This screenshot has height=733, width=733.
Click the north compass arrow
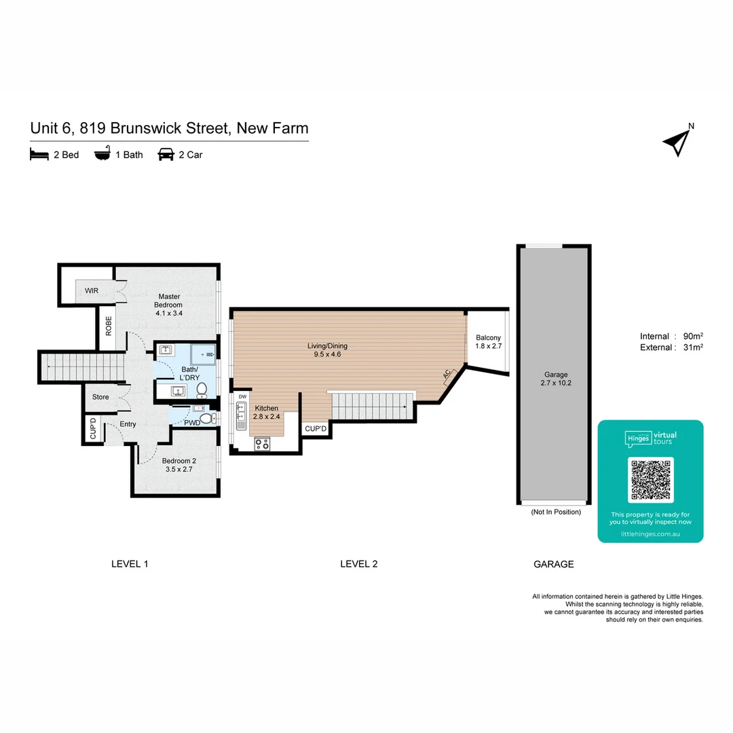click(677, 142)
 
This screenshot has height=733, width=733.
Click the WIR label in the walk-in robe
click(92, 290)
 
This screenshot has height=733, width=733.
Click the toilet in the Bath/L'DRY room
click(202, 390)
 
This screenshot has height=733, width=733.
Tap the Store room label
click(100, 397)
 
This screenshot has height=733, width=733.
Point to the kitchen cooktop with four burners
click(262, 444)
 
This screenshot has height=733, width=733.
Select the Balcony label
click(488, 337)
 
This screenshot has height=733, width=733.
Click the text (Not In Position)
click(556, 512)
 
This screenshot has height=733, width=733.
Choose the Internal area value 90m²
click(692, 337)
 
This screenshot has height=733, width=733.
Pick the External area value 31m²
click(692, 347)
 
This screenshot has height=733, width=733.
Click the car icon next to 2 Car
click(165, 155)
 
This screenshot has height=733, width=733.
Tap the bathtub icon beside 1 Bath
click(102, 155)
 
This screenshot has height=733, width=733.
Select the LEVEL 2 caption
click(358, 564)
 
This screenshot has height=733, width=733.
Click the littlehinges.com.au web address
click(650, 535)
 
